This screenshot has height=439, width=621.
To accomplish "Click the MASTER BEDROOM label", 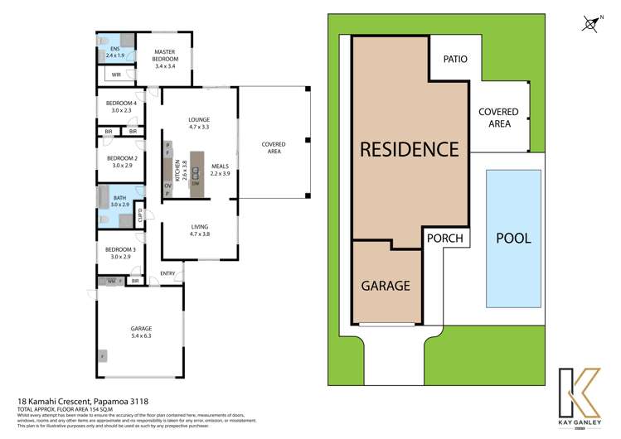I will (166, 55).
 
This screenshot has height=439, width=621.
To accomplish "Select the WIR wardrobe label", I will (116, 75).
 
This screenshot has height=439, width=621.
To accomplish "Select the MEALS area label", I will (219, 170).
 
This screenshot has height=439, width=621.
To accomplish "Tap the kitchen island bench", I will (197, 174).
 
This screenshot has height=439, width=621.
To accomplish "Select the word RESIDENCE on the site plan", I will (409, 150).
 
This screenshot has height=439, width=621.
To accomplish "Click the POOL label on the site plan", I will (512, 238).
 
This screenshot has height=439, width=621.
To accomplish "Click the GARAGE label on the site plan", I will (386, 286).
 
